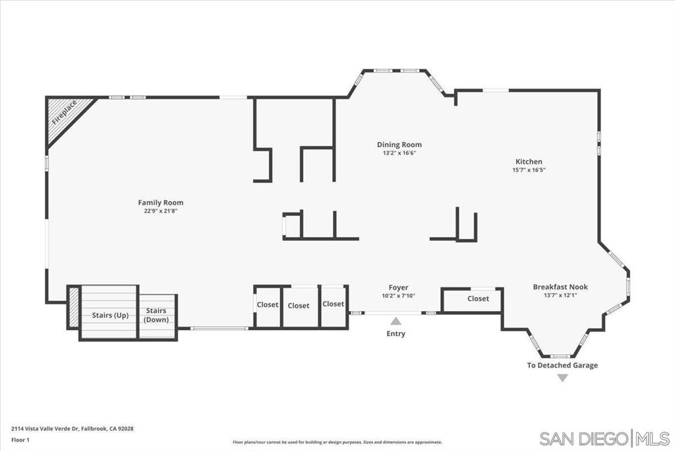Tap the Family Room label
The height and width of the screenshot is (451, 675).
(160, 203)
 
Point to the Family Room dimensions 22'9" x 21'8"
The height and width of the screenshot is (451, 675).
(160, 211)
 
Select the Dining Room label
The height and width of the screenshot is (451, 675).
(399, 145)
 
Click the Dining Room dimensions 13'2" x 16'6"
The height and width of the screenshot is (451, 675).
(399, 153)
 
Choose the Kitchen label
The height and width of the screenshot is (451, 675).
(529, 162)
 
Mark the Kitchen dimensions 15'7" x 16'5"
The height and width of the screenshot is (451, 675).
(529, 170)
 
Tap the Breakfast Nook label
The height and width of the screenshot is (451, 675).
(560, 287)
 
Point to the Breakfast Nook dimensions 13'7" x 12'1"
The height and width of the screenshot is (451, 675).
(560, 296)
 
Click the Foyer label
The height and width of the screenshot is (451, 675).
(398, 287)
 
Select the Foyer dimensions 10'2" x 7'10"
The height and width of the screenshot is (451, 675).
(398, 296)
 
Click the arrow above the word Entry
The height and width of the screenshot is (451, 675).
(396, 321)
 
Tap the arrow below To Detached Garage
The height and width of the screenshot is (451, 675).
(562, 378)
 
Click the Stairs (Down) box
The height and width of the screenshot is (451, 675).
(157, 316)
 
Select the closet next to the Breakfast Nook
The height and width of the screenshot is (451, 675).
(477, 299)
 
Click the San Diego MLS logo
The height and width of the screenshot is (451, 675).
(604, 438)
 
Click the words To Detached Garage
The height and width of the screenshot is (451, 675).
(562, 365)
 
